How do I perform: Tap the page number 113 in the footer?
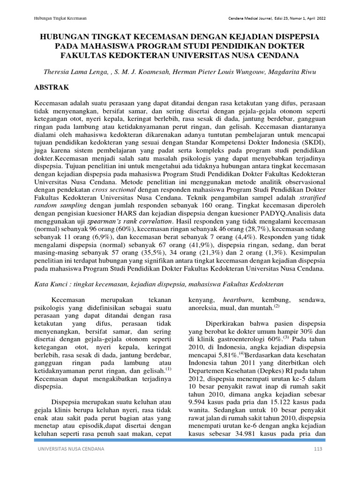point(319,463)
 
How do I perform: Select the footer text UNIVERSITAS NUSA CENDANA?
point(70,463)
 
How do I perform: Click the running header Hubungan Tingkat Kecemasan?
point(61,18)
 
